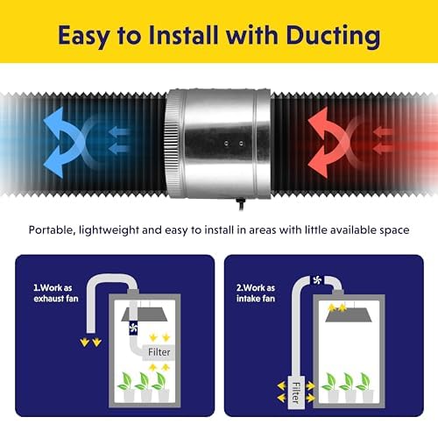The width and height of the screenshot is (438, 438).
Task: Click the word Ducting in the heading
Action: click(333, 36)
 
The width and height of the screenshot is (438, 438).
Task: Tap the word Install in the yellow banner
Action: click(183, 35)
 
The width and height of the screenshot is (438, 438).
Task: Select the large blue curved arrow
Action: click(63, 142)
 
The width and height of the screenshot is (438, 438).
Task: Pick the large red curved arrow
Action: click(327, 142)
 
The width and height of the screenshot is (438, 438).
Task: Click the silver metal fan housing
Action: click(218, 143)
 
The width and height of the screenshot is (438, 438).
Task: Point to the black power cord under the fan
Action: click(241, 204)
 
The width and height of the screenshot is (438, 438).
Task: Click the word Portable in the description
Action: click(50, 230)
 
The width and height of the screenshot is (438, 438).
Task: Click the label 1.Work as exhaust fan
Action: click(56, 293)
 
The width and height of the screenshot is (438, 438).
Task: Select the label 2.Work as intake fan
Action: click(256, 293)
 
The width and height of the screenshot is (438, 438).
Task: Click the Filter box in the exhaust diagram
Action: click(159, 352)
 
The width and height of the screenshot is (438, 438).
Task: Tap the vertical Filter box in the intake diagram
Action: click(296, 392)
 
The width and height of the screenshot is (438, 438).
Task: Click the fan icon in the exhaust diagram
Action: click(133, 328)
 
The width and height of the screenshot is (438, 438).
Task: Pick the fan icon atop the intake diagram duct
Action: click(317, 280)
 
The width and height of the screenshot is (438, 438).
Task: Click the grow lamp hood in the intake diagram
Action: click(350, 315)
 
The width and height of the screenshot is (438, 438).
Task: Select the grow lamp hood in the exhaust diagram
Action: click(145, 314)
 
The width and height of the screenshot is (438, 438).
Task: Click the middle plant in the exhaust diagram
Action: click(144, 387)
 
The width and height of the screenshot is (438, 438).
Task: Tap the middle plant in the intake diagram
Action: click(349, 387)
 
